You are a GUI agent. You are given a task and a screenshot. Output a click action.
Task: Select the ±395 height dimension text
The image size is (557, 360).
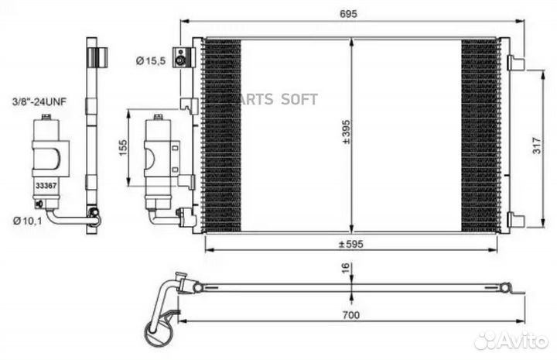[347, 132]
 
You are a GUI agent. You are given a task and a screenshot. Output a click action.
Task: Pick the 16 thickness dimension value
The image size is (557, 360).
[347, 267]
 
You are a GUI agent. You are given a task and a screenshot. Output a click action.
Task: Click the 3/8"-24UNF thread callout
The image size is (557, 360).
[36, 101]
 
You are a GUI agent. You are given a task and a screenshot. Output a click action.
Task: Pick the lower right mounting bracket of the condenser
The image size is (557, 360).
[516, 221]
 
